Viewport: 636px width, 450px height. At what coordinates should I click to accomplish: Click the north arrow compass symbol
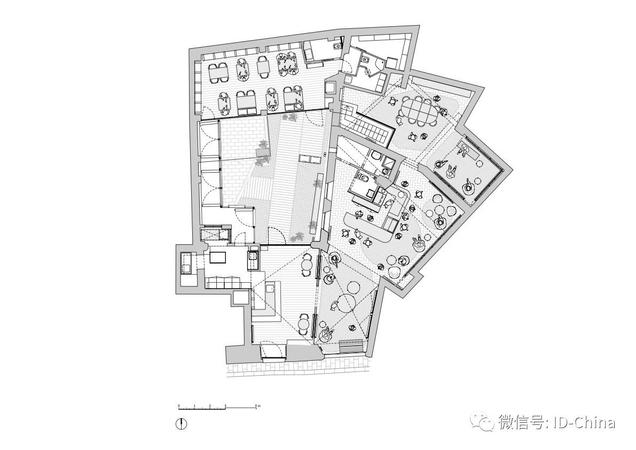183,424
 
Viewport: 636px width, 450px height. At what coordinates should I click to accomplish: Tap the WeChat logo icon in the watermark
486,423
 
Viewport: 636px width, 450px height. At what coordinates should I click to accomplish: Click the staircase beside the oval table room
368,128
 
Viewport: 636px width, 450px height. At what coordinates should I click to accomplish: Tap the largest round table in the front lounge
349,302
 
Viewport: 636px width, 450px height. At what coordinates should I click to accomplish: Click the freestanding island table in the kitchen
218,258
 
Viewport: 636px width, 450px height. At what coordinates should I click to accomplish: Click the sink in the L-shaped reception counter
270,289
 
